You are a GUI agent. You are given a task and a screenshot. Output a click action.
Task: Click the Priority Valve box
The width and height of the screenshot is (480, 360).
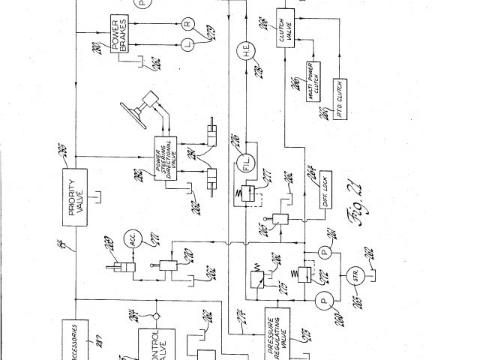pyautogui.click(x=76, y=197)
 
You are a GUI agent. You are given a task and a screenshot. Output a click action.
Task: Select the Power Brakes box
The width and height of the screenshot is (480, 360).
pyautogui.click(x=121, y=34)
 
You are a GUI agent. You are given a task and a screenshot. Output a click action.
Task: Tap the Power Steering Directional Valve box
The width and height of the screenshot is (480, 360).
pyautogui.click(x=166, y=157)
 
